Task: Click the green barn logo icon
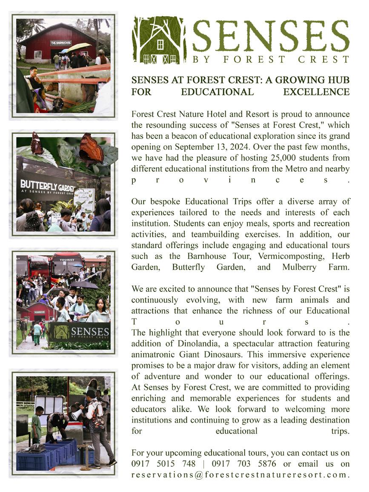158,40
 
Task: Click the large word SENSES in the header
271,36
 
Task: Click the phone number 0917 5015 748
163,463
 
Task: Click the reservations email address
240,475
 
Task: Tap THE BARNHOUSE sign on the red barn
61,43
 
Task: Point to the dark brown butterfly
37,144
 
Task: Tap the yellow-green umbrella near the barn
79,46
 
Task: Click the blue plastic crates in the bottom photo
47,455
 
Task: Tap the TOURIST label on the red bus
67,259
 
